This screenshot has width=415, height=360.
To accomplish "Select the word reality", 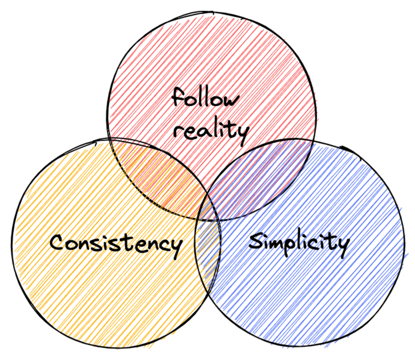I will pos(211,131).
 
